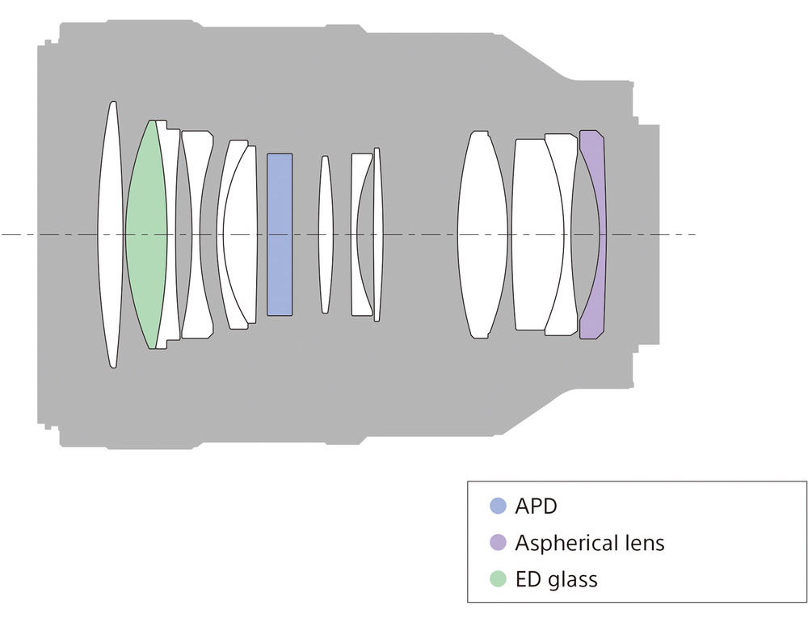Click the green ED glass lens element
(x=145, y=235)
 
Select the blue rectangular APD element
(x=280, y=234)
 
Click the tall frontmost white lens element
(x=111, y=235)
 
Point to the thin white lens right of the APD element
(x=325, y=235)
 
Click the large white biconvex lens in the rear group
(x=482, y=235)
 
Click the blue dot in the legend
(x=498, y=506)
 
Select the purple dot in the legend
(x=498, y=542)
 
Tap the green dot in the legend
(x=498, y=579)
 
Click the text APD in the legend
(x=536, y=507)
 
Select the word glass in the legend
(x=573, y=580)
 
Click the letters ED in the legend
(x=528, y=579)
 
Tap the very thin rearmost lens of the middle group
(x=377, y=235)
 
